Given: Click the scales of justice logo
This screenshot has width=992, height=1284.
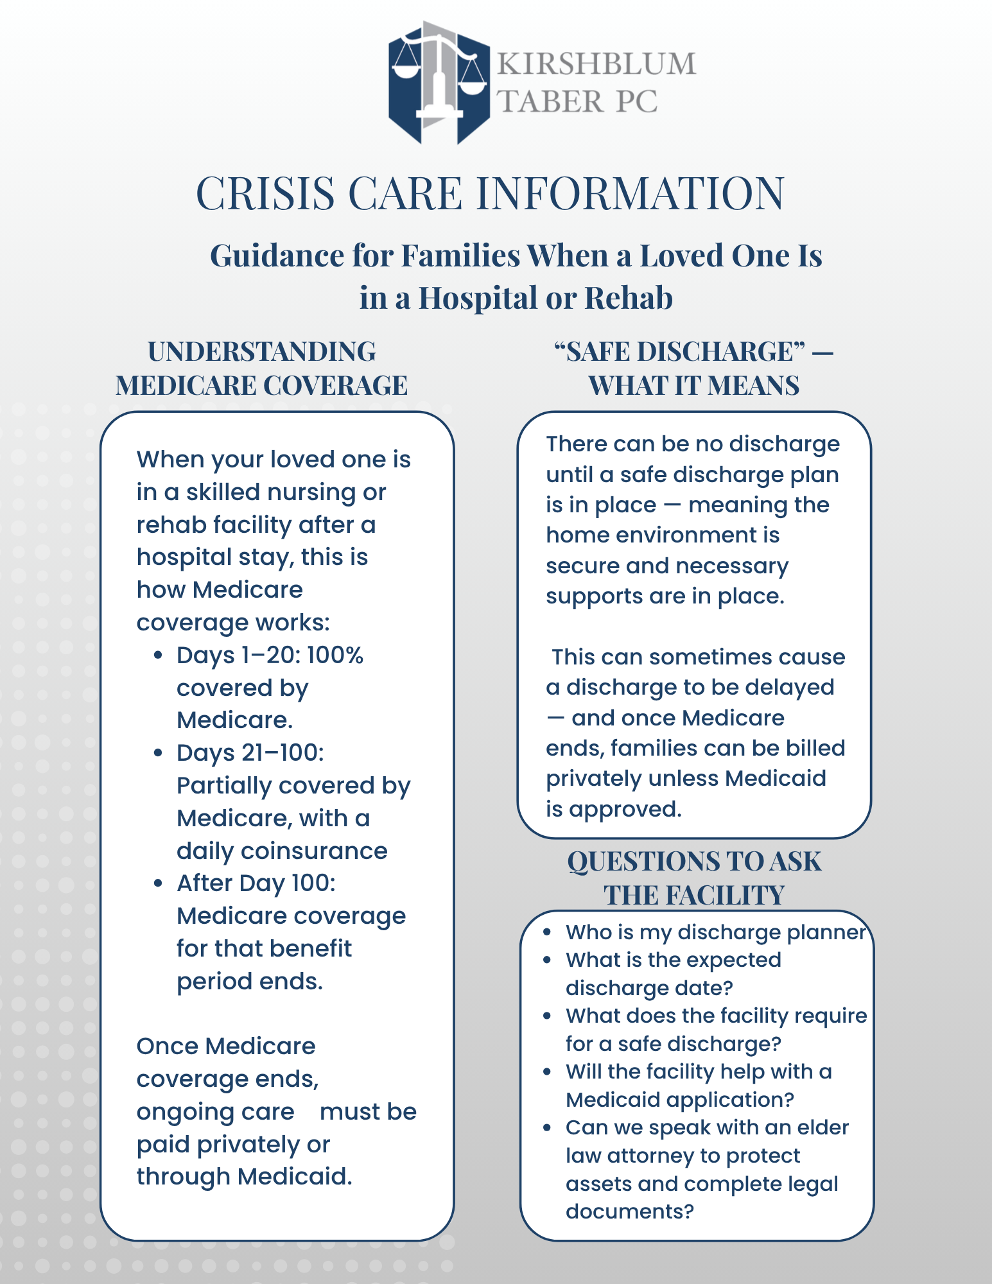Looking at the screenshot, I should (x=439, y=82).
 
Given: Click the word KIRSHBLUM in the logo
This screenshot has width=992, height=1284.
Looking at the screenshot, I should (x=596, y=64).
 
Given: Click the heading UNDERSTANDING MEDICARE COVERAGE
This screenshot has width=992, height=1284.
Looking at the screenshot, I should (x=262, y=369).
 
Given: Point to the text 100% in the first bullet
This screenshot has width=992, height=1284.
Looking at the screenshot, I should (x=335, y=655).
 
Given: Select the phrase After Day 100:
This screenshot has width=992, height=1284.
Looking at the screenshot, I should (x=256, y=883).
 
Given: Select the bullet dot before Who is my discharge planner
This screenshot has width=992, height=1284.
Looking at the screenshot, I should (x=547, y=932).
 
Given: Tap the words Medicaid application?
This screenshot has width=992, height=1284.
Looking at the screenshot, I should (x=680, y=1099).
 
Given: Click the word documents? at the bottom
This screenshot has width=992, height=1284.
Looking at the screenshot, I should (x=630, y=1211).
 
